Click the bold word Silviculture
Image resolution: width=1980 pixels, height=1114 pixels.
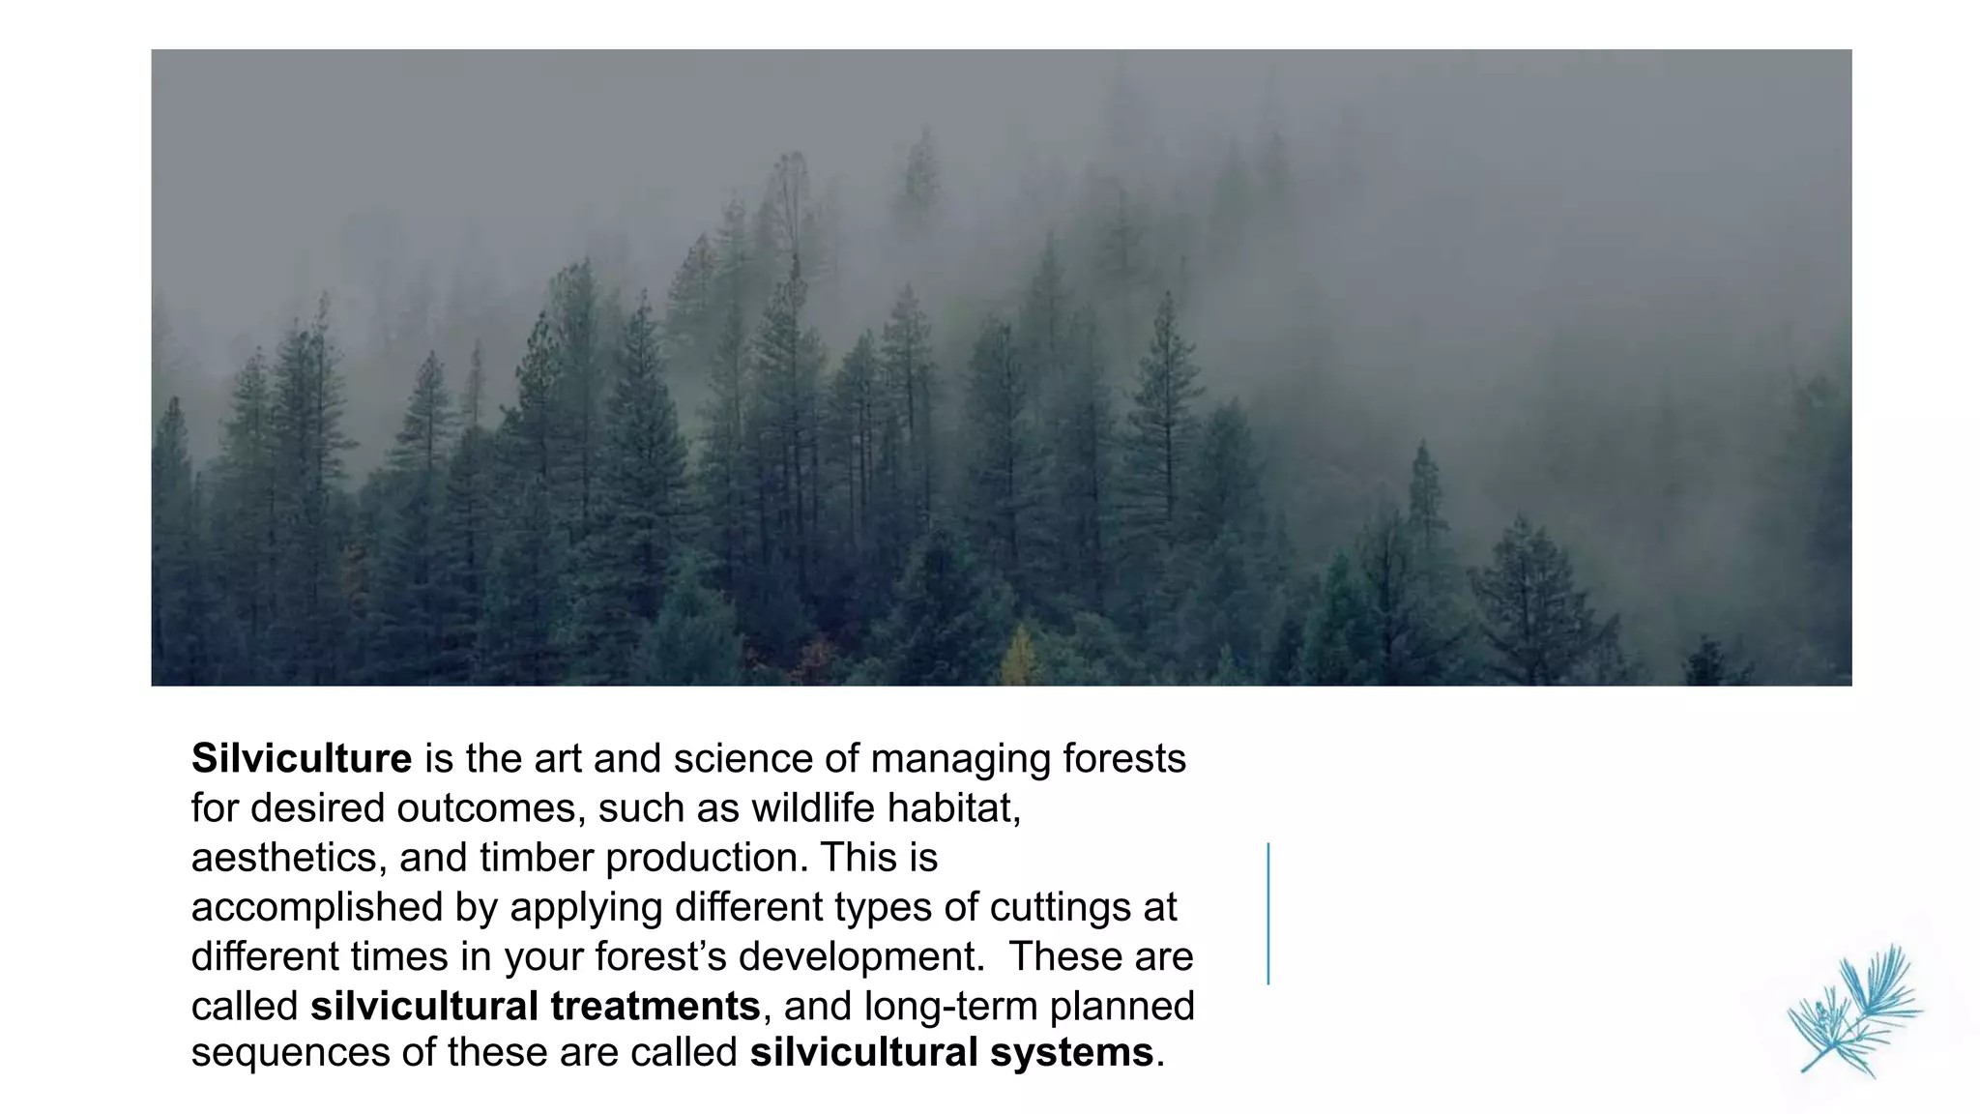(x=302, y=759)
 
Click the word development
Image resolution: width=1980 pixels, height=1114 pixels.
(x=860, y=957)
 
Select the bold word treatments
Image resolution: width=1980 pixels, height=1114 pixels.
(x=655, y=1007)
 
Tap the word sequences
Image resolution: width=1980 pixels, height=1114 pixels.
(x=290, y=1053)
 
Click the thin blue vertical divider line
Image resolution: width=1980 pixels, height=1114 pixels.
(x=1267, y=913)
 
